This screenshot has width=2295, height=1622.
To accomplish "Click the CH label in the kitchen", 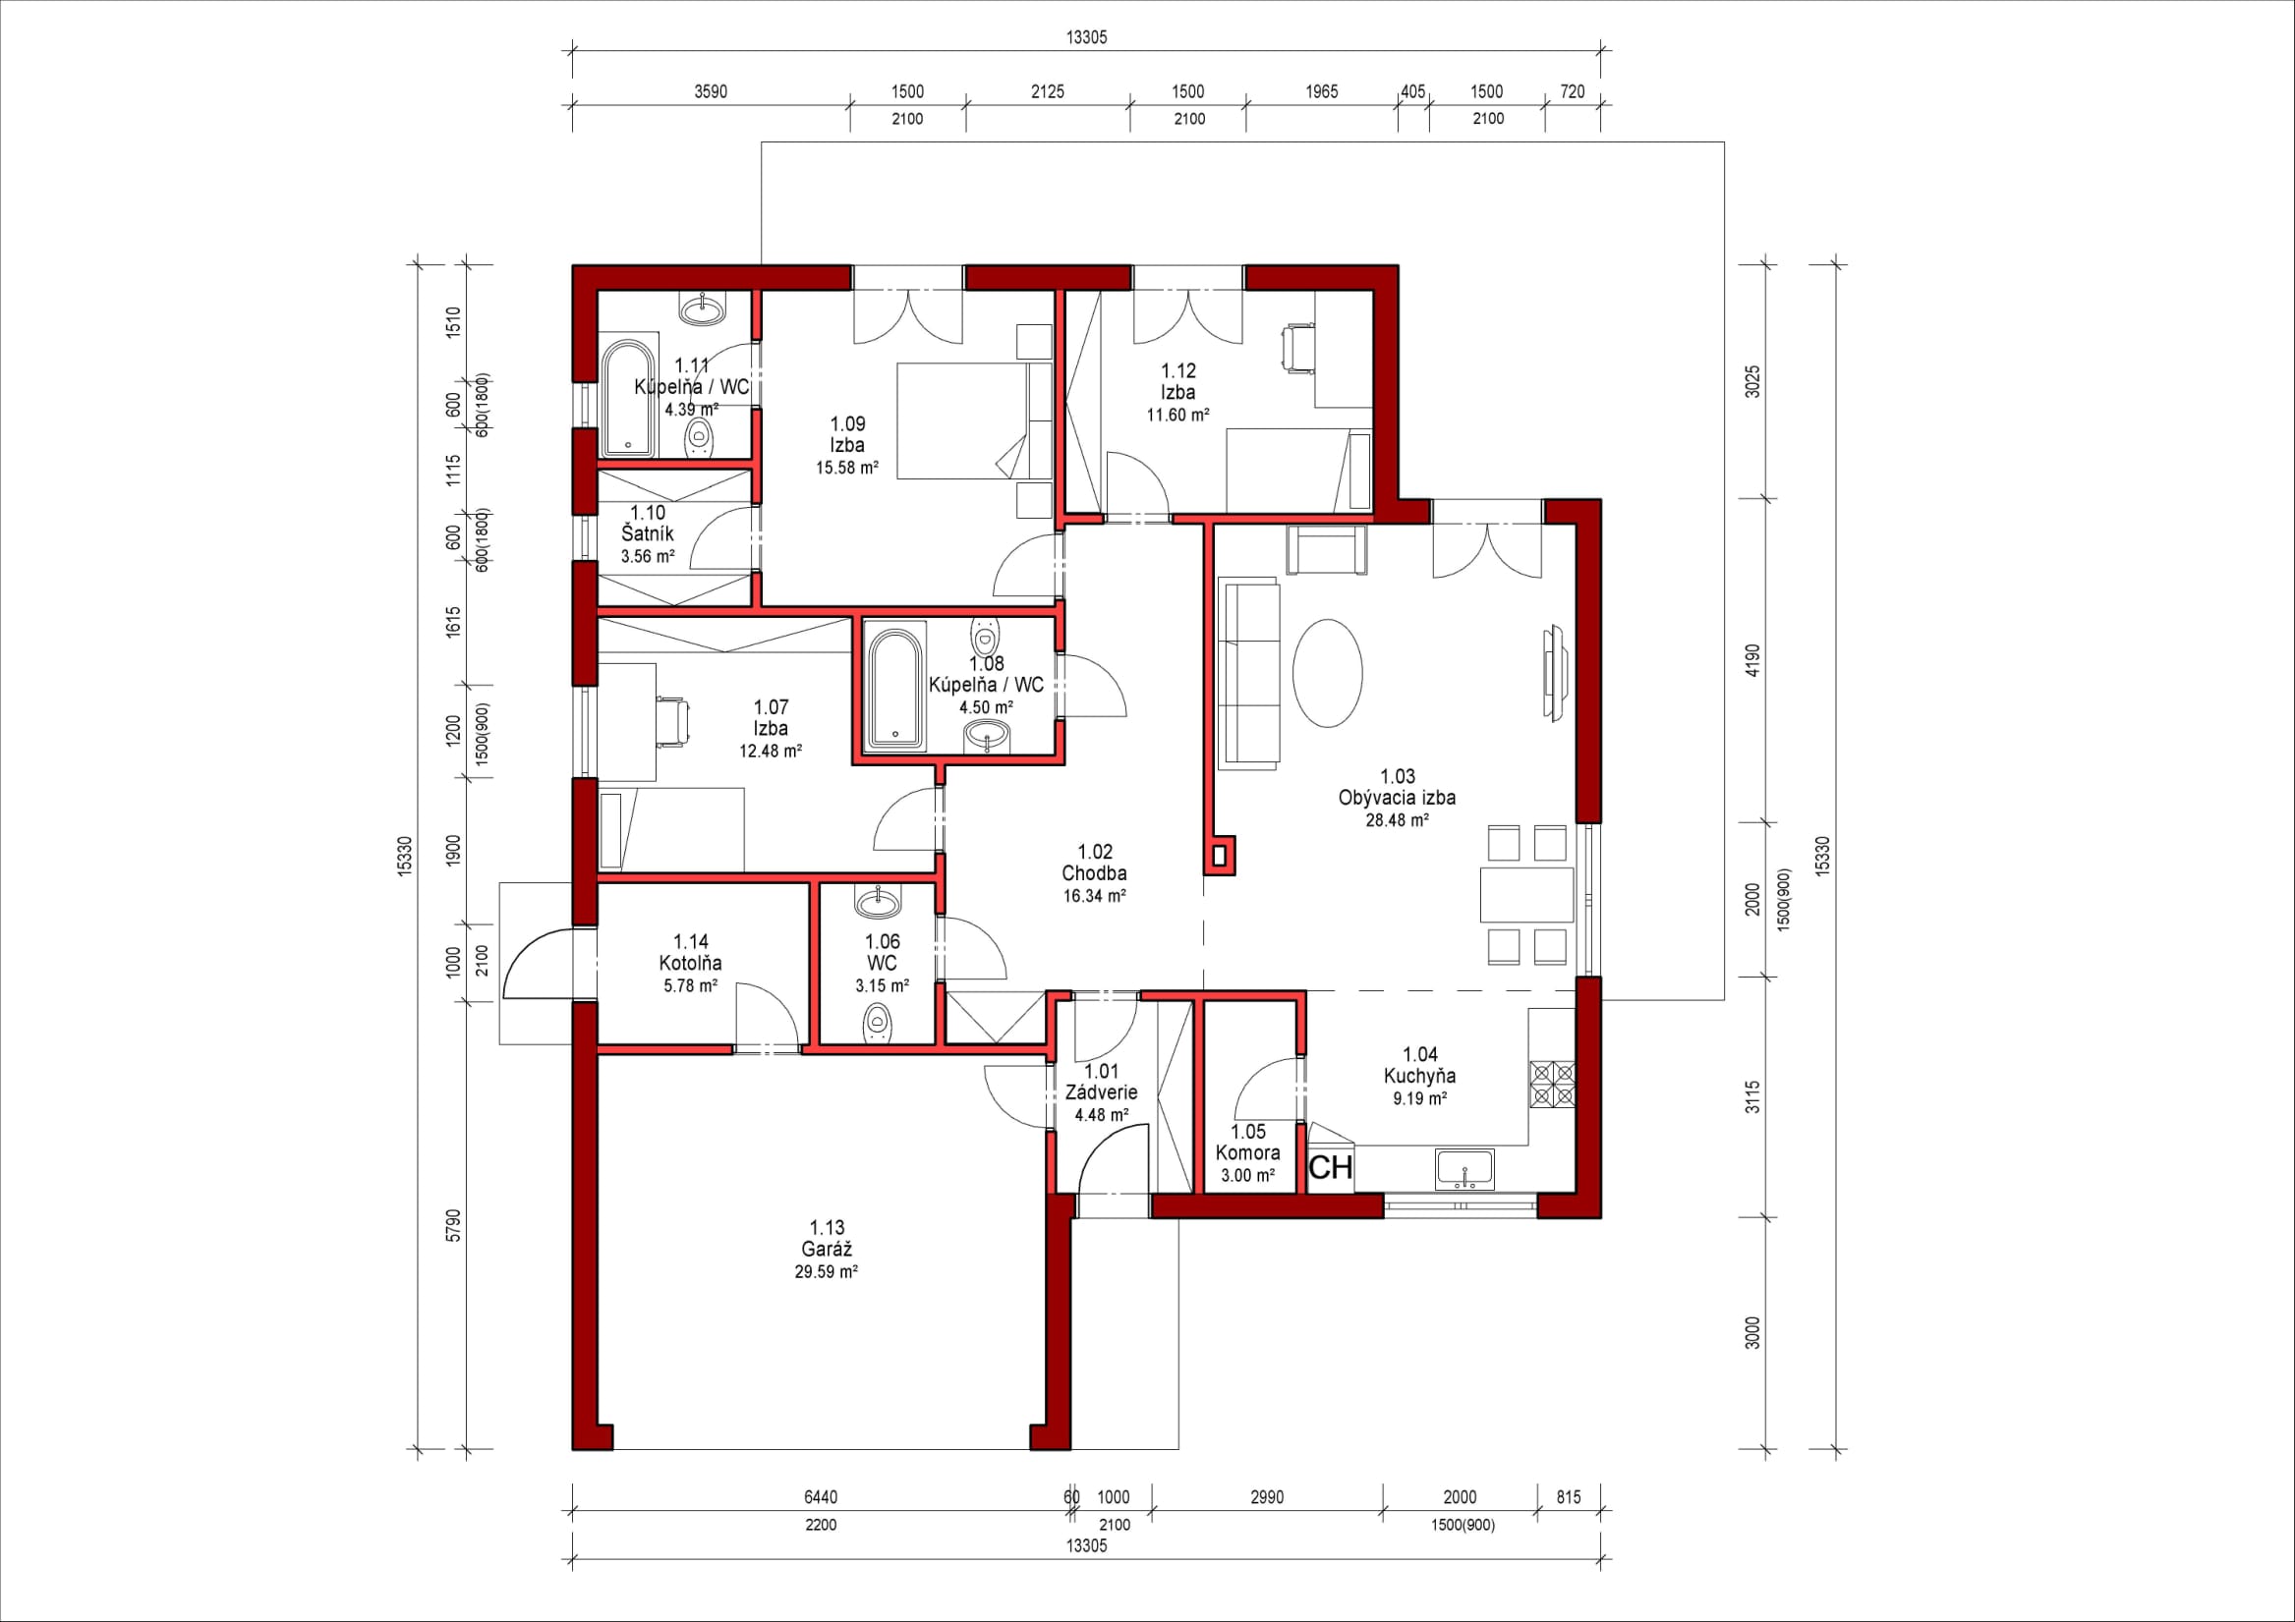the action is pos(1331,1167).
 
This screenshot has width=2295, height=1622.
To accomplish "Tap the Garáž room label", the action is pos(827,1250).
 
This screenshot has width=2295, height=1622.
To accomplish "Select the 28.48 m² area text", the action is pos(1397,820).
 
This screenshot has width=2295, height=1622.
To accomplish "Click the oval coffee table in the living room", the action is pos(1328,673).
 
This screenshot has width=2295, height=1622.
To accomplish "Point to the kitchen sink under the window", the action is pos(1464,1169).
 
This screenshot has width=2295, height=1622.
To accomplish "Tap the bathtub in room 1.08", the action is pos(896,689).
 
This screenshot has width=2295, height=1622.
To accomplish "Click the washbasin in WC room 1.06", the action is pos(881,902).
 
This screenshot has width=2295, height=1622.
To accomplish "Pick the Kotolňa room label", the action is pos(690,964).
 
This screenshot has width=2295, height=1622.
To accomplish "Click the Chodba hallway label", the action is pos(1095,873).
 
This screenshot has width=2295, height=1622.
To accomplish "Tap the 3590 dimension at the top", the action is pos(711,92).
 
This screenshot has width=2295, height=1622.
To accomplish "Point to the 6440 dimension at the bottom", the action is pos(821,1497).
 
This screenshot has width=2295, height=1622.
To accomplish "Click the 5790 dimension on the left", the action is pos(454,1225).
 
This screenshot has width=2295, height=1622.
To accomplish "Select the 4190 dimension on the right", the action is pos(1752,660).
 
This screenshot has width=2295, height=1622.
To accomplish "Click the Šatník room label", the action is pos(648,533).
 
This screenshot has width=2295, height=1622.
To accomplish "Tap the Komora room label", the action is pos(1247,1153).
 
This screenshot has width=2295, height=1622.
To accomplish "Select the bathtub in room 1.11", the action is pos(628,399).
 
